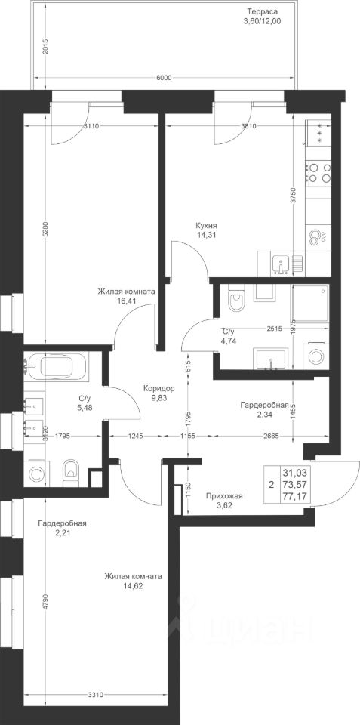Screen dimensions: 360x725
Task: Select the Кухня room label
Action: tap(206, 226)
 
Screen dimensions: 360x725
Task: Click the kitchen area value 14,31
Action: tap(206, 234)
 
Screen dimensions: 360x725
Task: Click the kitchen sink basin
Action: tap(280, 265)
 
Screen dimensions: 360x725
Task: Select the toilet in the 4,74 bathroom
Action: tap(236, 299)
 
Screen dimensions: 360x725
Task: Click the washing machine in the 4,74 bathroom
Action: tap(316, 357)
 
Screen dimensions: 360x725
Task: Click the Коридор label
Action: tap(159, 388)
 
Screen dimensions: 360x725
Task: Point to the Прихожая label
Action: tap(224, 497)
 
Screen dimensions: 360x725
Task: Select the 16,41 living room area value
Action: tap(126, 300)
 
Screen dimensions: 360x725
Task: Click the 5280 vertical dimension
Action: tap(45, 235)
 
